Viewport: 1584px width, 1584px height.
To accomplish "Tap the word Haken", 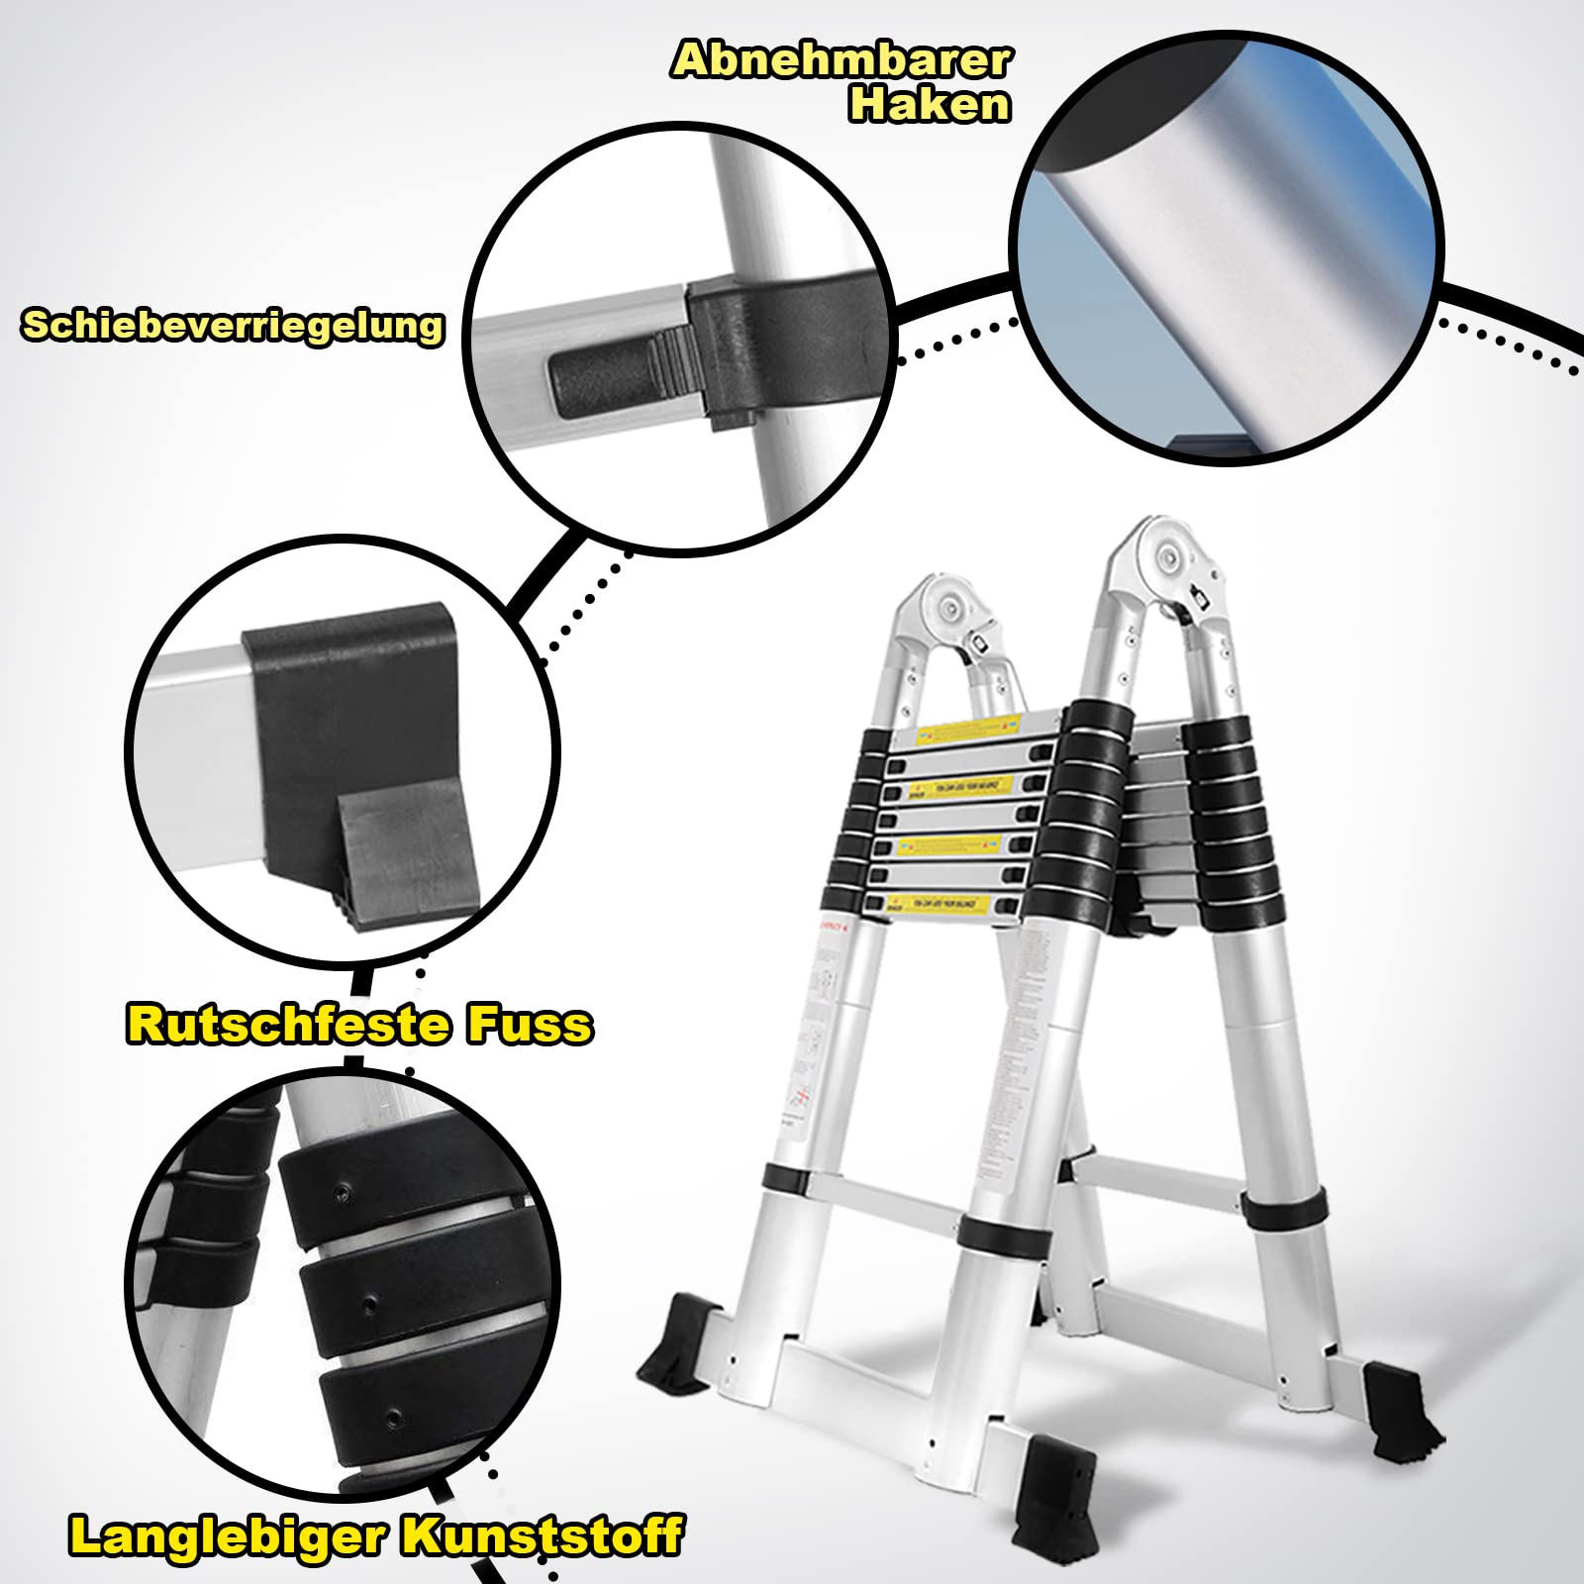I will pos(929,104).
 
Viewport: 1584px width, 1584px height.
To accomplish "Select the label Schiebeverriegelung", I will pos(234,325).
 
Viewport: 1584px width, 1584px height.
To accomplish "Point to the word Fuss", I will pos(530,1024).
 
